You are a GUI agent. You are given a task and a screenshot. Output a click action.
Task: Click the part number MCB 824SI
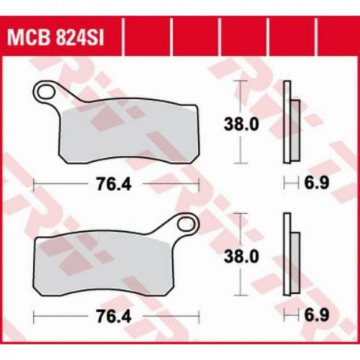[x=55, y=38]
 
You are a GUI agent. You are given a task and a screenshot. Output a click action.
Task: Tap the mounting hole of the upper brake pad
[x=46, y=92]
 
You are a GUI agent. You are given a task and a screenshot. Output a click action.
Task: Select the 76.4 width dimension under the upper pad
[x=114, y=184]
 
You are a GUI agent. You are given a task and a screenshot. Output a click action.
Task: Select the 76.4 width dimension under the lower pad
[x=114, y=316]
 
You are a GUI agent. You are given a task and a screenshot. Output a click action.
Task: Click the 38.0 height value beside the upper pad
[x=241, y=124]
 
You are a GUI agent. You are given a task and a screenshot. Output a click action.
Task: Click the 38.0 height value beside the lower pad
[x=241, y=256]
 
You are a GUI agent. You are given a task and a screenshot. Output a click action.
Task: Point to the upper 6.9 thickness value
[x=316, y=182]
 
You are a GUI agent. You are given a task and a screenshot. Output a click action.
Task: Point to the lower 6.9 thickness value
[x=316, y=315]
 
